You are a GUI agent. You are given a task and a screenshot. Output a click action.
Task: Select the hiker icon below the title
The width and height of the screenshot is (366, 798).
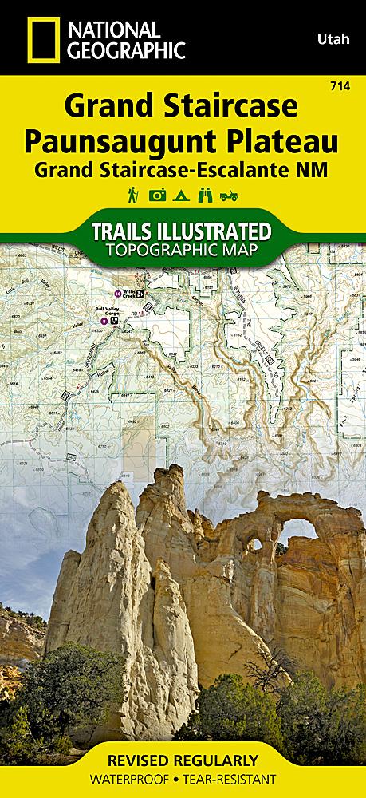coord(132,194)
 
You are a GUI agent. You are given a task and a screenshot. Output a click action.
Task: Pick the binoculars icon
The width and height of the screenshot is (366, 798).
coord(207,194)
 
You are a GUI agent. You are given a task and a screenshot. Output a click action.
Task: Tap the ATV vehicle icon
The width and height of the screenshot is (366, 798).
coord(231,194)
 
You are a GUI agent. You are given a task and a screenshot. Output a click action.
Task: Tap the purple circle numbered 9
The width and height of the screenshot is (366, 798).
coord(104,321)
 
